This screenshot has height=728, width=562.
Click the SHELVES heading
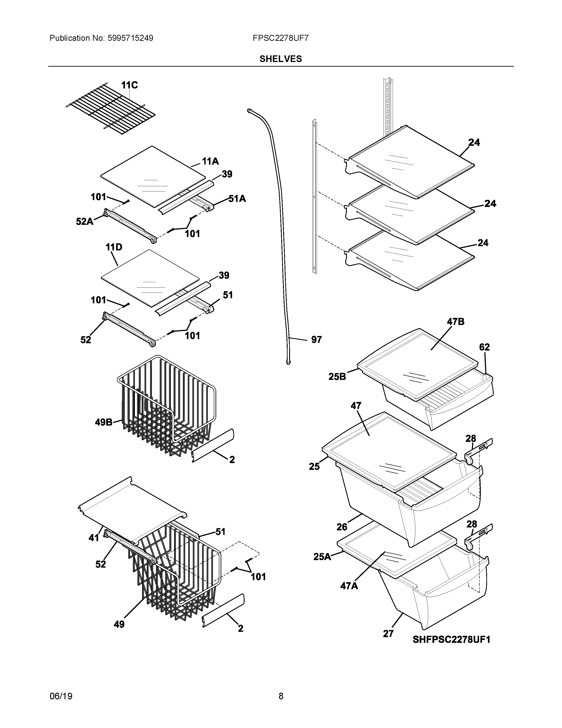[x=280, y=59]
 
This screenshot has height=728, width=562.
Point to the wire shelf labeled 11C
[x=110, y=109]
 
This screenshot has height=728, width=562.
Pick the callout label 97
[x=316, y=340]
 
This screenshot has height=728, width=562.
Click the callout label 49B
[x=104, y=422]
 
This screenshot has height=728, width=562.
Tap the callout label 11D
[x=114, y=247]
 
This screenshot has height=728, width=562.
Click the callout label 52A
[x=85, y=221]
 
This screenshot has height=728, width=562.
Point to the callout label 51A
[x=237, y=199]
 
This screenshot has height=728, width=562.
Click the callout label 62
[x=484, y=347]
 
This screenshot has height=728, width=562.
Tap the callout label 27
[x=388, y=634]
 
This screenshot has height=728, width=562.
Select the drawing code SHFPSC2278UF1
[x=451, y=640]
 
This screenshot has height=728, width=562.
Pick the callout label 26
[x=342, y=527]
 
